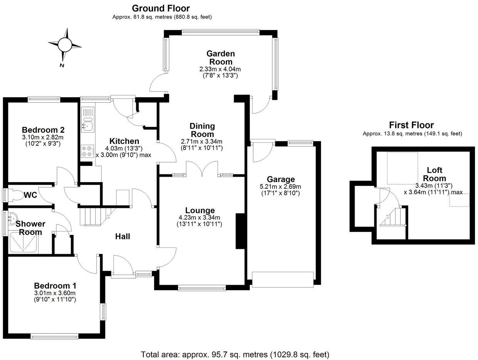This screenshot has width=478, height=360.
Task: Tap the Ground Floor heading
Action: click(x=161, y=8)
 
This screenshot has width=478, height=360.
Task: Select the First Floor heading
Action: click(x=411, y=125)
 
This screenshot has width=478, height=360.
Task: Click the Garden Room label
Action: click(x=220, y=57)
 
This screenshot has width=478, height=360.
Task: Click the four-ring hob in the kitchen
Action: click(x=87, y=150)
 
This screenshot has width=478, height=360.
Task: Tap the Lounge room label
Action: click(x=200, y=210)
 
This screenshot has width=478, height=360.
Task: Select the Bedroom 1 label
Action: click(x=55, y=286)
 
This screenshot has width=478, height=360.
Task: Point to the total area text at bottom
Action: click(x=235, y=354)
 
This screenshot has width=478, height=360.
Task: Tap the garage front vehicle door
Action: click(x=283, y=279)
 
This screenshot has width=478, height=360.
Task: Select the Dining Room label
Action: click(x=202, y=130)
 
